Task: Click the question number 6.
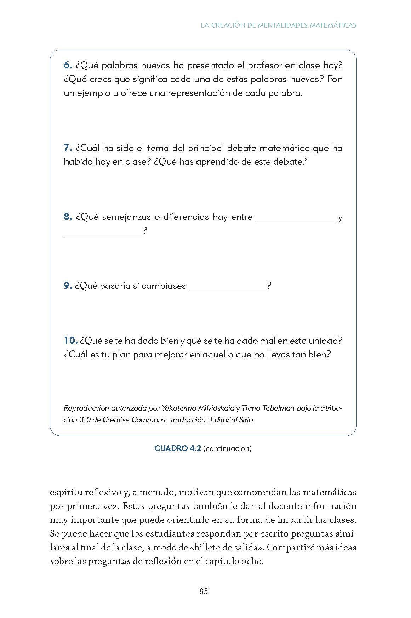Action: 68,65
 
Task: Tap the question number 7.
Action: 68,148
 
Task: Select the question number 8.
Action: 68,217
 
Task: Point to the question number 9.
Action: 68,286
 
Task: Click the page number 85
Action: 203,591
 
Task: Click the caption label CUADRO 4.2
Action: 178,448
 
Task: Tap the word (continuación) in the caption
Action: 227,448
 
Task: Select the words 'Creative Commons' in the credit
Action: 135,420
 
